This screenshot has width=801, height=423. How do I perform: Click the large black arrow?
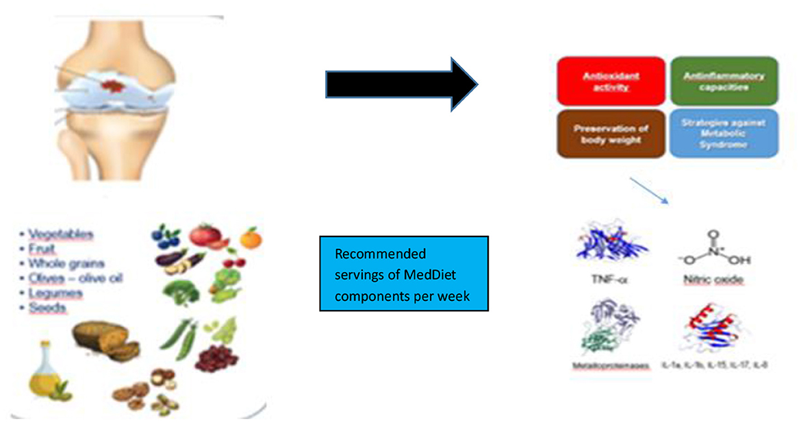pyautogui.click(x=400, y=84)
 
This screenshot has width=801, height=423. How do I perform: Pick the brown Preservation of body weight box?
pyautogui.click(x=611, y=133)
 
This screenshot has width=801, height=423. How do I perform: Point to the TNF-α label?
pyautogui.click(x=605, y=280)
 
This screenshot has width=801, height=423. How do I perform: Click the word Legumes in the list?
pyautogui.click(x=55, y=293)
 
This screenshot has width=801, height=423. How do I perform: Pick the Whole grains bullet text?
pyautogui.click(x=66, y=264)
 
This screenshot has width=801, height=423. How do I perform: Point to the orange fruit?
pyautogui.click(x=249, y=237)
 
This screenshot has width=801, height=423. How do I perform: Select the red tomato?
pyautogui.click(x=205, y=235)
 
